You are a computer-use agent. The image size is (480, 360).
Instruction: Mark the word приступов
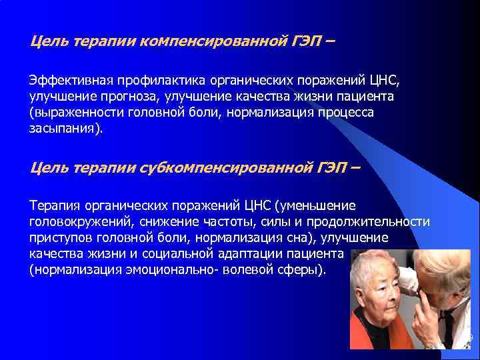[59, 237]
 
